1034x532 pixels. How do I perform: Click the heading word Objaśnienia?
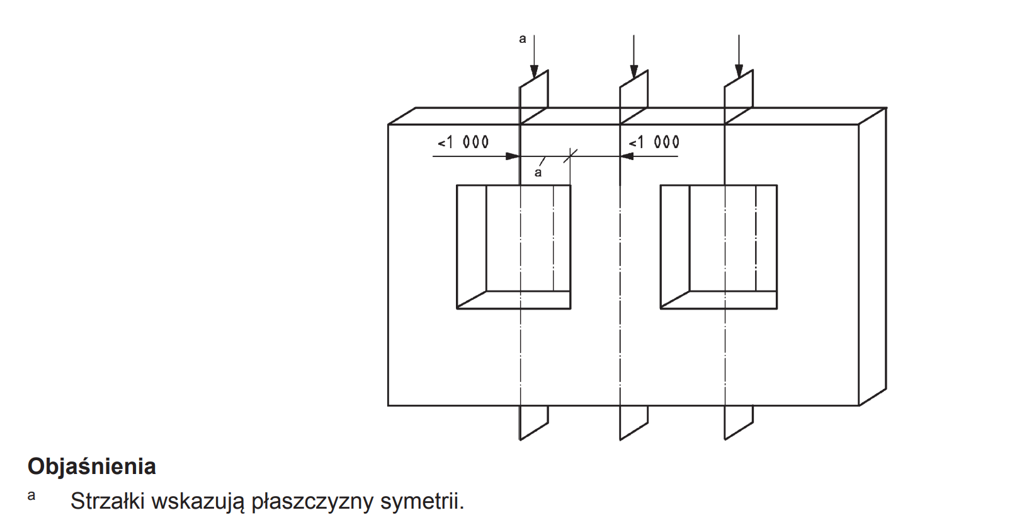(x=92, y=466)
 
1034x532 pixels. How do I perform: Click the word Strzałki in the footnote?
(x=108, y=501)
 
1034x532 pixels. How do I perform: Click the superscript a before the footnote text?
(x=31, y=495)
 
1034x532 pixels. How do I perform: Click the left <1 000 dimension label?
(x=463, y=142)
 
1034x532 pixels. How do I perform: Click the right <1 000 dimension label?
(x=654, y=142)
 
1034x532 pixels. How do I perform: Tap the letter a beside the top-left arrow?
(x=522, y=39)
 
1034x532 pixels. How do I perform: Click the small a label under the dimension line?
(x=538, y=172)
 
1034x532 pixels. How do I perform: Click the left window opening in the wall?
(x=513, y=246)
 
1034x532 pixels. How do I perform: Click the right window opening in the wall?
(x=719, y=246)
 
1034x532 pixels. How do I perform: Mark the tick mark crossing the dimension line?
(x=571, y=156)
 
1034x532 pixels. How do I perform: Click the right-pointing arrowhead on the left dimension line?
(x=513, y=156)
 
